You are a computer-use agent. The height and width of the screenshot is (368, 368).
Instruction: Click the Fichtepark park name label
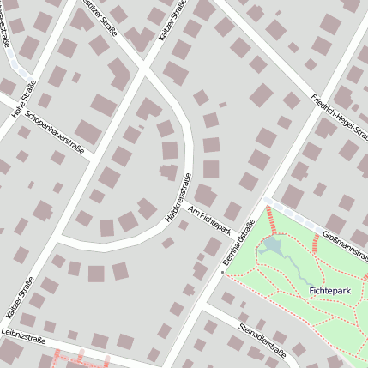(330, 292)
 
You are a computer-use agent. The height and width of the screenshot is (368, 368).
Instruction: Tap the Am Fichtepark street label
(210, 224)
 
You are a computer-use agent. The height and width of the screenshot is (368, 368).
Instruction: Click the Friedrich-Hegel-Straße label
(339, 116)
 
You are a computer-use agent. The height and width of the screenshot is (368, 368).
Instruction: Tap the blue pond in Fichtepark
(272, 249)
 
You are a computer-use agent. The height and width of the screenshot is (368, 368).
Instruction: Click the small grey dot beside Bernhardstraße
(223, 273)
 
